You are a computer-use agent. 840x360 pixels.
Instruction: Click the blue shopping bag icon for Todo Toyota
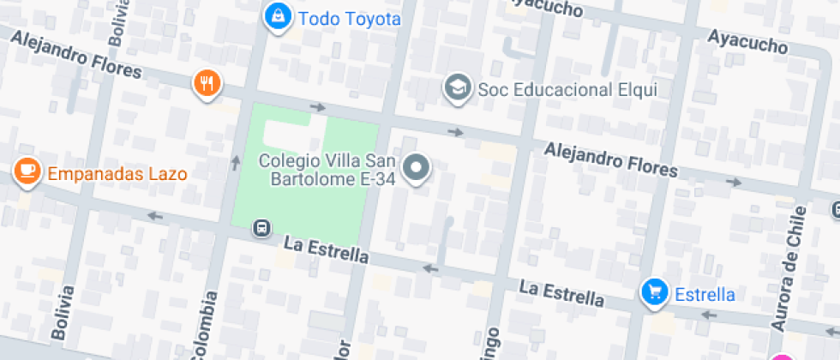[278, 15]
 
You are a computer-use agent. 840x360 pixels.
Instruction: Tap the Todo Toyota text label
[349, 18]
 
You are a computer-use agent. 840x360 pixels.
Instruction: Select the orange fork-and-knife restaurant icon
[207, 83]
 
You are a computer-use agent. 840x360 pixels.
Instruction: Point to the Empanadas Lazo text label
[117, 174]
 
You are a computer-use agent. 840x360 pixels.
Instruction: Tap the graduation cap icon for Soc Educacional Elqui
[459, 87]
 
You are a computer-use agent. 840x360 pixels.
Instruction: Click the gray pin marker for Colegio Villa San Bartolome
[417, 167]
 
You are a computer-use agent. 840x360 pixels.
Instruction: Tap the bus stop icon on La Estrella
[261, 229]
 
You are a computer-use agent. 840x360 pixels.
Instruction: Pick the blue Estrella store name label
[705, 295]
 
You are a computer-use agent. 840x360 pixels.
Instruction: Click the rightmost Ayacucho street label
[747, 40]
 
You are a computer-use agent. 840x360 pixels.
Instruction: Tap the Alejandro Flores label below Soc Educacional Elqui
[611, 159]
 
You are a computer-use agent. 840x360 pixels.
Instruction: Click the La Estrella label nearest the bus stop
[326, 251]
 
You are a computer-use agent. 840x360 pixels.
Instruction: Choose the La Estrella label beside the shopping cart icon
[561, 292]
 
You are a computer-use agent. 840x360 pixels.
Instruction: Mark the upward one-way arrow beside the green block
[236, 161]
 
